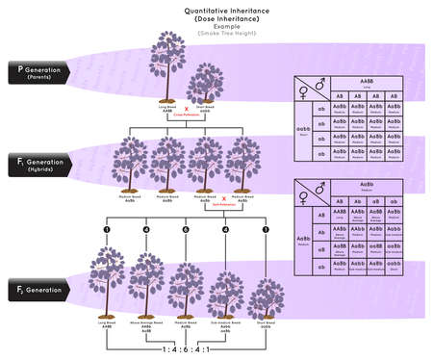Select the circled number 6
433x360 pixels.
point(185,229)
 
